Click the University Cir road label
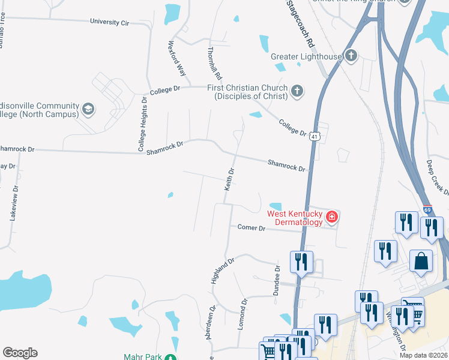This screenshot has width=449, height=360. tap(109, 22)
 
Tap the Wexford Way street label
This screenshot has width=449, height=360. tap(177, 58)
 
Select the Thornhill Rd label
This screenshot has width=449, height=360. tap(214, 64)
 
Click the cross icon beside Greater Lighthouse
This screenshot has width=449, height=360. tap(351, 57)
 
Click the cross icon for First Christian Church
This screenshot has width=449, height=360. tap(297, 91)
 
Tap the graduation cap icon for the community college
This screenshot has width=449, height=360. tap(88, 109)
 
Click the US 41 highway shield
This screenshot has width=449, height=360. tap(314, 137)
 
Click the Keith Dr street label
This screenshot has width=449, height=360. tap(229, 179)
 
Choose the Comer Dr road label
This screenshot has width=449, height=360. tap(251, 228)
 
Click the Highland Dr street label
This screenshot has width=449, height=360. tap(221, 272)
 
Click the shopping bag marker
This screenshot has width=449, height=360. tap(421, 262)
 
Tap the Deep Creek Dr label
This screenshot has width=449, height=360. tap(437, 177)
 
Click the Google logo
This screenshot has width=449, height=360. tap(20, 353)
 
